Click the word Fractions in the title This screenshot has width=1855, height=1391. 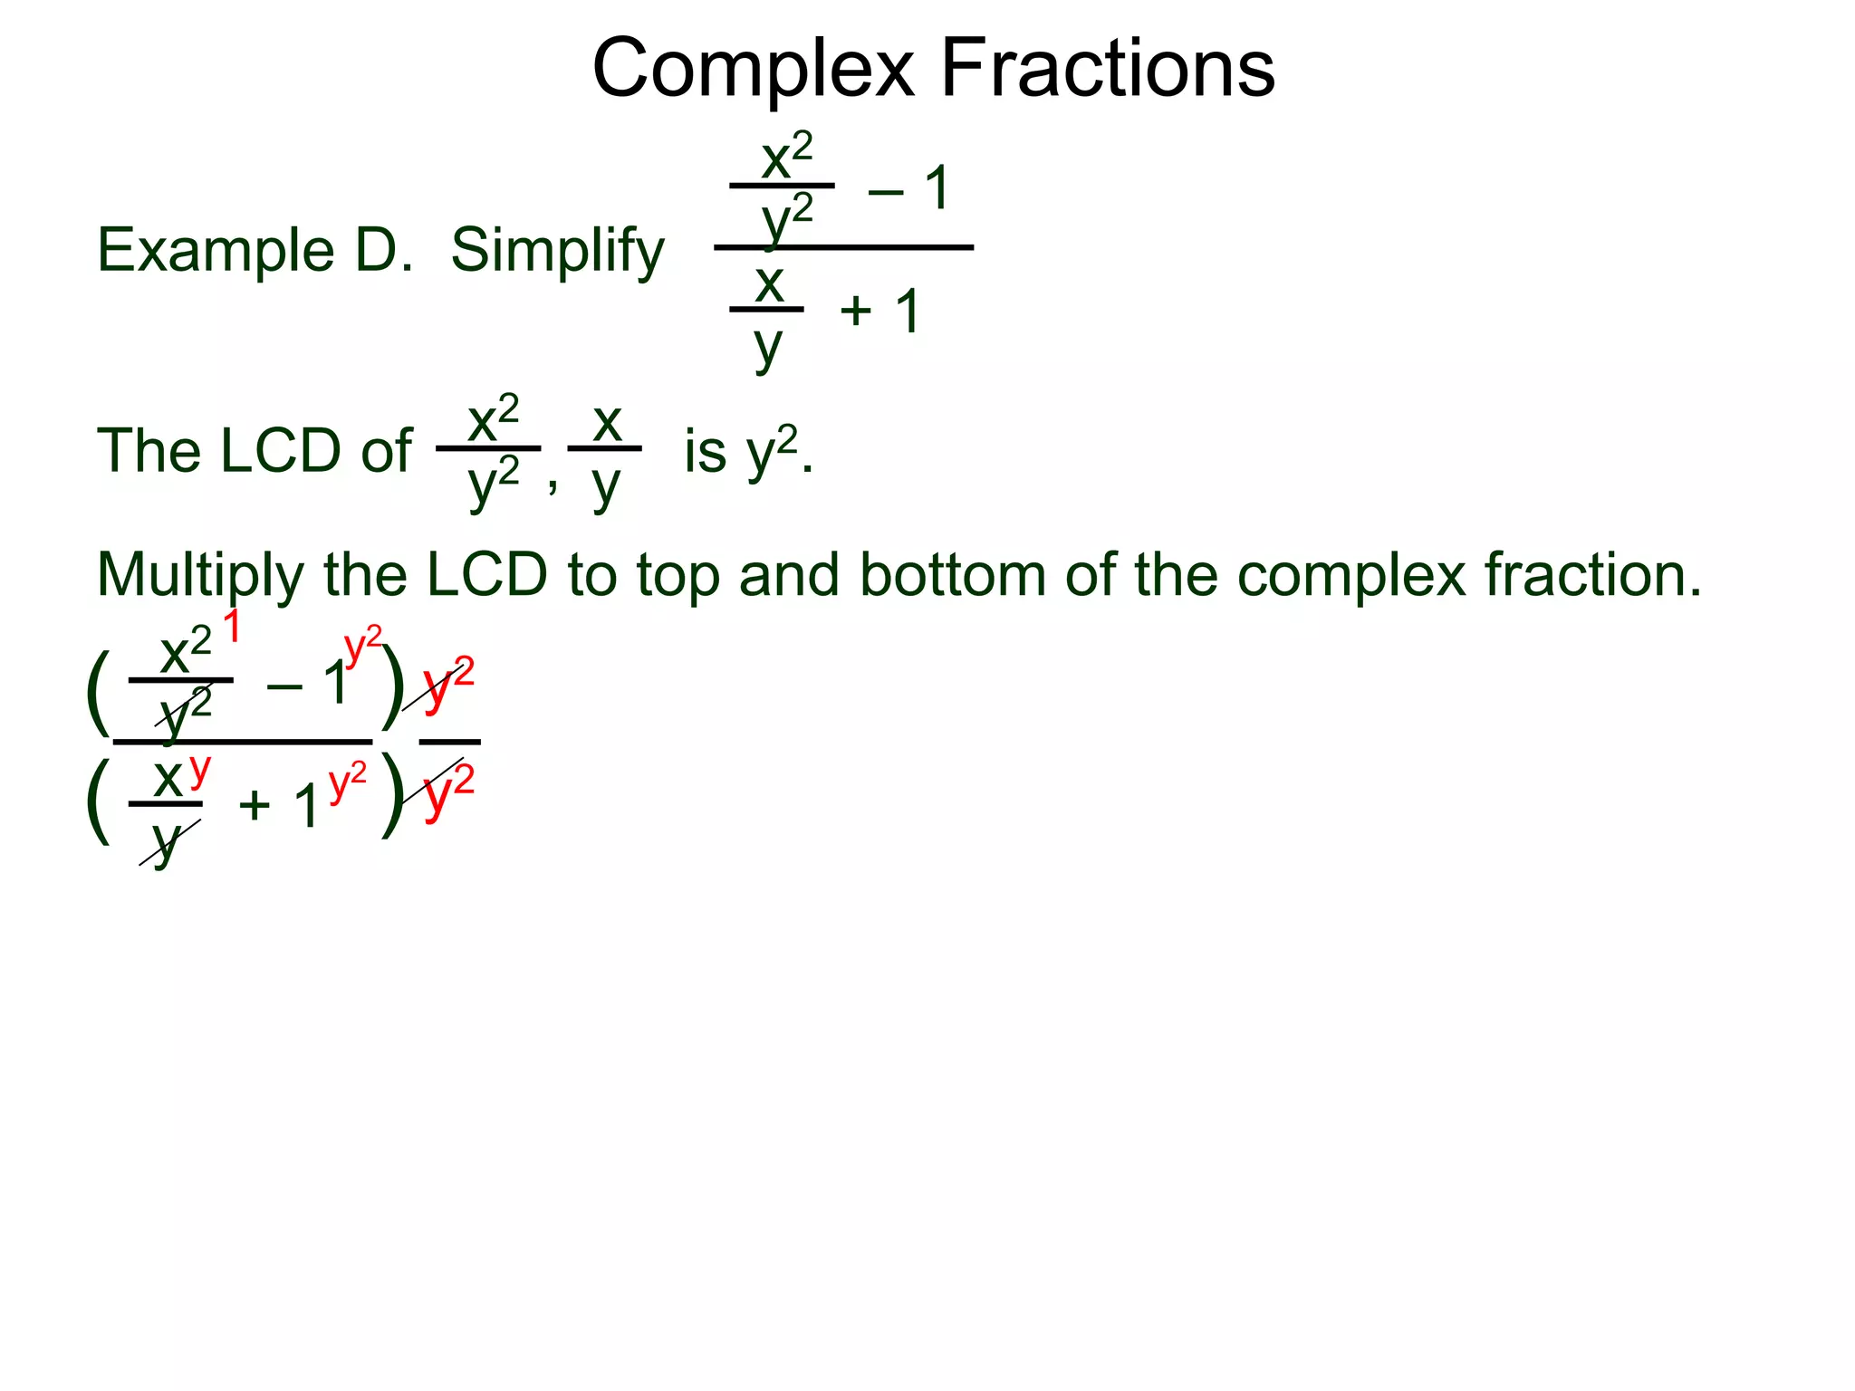click(1108, 70)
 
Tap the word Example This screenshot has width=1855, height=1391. click(216, 250)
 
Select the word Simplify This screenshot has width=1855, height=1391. click(557, 252)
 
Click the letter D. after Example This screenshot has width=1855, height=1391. click(383, 250)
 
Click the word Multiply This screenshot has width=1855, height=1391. click(200, 576)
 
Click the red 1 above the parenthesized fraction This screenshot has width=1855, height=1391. click(232, 627)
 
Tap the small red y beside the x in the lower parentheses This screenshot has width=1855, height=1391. click(199, 770)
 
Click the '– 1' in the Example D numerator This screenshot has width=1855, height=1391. click(908, 189)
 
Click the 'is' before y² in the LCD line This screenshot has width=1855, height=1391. click(706, 451)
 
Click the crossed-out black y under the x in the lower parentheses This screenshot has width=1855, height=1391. click(166, 842)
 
